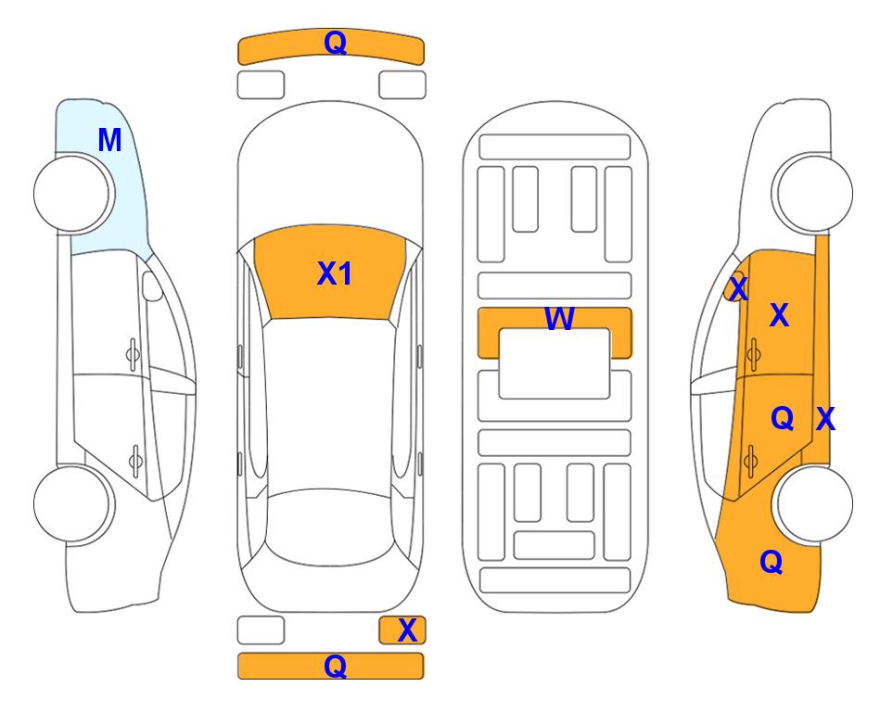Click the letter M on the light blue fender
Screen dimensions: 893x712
pos(109,140)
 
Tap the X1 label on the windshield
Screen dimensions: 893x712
pos(335,273)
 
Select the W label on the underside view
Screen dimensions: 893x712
pos(559,318)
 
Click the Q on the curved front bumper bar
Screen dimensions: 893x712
pos(336,43)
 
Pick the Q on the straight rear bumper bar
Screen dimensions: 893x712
pos(336,666)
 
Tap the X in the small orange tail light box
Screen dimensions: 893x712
pos(407,630)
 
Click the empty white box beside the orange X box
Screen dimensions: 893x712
pos(261,630)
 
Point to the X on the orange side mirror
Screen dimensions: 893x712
pos(738,288)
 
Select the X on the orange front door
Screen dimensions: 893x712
pos(779,314)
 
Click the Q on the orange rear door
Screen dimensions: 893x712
pos(783,419)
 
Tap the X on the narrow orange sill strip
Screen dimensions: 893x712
pos(825,419)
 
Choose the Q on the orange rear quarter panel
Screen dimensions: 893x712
pos(772,562)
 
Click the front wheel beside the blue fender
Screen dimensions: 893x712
pos(74,194)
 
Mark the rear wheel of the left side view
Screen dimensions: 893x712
pos(74,503)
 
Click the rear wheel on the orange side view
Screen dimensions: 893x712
pos(815,503)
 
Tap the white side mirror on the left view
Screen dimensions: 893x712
pos(152,286)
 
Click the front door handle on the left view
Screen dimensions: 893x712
pos(133,354)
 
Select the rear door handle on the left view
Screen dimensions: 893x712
pos(135,460)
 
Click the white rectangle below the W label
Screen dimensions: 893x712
pos(555,363)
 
